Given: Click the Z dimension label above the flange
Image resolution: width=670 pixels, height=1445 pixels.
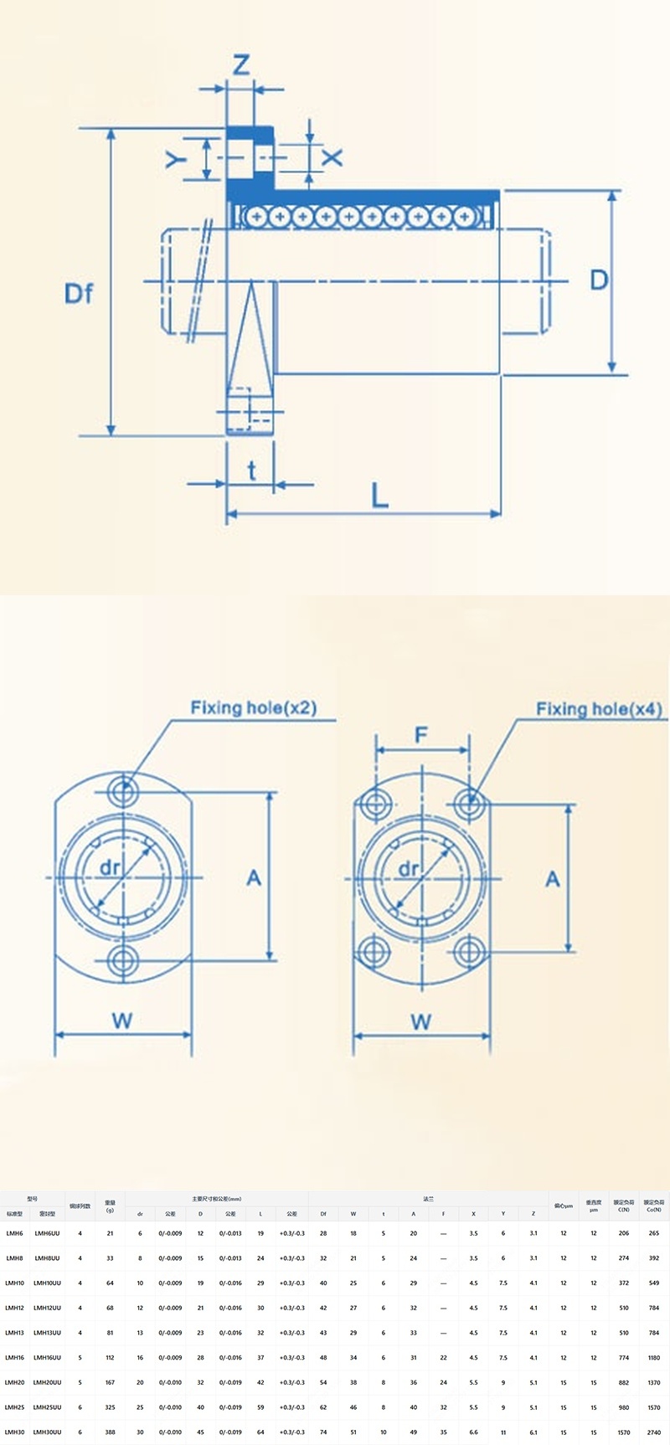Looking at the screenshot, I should click(241, 64).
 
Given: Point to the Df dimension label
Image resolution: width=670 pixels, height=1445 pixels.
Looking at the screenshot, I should click(79, 293).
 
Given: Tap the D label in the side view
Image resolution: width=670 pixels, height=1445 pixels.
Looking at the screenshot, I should click(598, 280).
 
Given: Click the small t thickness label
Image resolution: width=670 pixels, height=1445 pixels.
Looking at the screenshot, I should click(251, 471).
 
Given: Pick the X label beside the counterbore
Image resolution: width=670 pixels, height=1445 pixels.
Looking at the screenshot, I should click(332, 157).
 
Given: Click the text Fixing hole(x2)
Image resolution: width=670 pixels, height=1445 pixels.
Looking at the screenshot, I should click(253, 708).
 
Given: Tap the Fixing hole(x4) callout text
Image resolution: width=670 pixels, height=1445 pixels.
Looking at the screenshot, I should click(599, 710).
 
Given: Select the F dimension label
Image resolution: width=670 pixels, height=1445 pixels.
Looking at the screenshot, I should click(421, 735).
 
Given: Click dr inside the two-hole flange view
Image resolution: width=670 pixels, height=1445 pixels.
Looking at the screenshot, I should click(110, 868).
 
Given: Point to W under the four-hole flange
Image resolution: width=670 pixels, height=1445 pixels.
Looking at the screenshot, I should click(421, 1021).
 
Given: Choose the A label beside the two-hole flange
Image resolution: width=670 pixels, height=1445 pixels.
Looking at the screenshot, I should click(254, 877).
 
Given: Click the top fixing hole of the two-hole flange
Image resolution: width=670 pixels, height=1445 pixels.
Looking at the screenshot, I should click(124, 789).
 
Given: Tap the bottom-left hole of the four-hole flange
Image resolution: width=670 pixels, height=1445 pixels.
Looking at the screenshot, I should click(372, 951).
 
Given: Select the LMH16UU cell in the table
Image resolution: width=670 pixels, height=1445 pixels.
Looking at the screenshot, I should click(47, 1357).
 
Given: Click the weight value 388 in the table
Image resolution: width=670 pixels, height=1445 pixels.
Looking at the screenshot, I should click(110, 1432).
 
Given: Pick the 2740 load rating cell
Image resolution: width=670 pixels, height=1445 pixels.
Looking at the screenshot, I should click(653, 1432).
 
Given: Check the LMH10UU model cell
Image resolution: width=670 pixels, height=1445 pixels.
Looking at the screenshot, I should click(47, 1283).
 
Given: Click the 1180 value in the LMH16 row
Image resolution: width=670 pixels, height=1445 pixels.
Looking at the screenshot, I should click(653, 1357).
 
